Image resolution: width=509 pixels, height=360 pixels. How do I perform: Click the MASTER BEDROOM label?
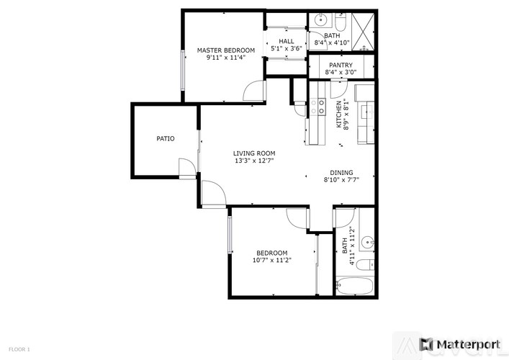click(225, 50)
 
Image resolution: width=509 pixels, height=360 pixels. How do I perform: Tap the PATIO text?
click(166, 138)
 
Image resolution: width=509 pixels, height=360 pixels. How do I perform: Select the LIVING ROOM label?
click(254, 153)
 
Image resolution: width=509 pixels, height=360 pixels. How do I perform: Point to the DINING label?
click(341, 173)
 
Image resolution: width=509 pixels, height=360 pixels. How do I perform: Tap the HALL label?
click(287, 42)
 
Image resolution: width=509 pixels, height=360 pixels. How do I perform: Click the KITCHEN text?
click(340, 114)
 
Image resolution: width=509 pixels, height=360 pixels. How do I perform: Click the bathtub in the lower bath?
click(353, 285)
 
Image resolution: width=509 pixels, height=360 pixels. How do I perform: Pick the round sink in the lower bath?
click(366, 242)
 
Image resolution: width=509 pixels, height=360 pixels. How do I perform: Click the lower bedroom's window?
click(230, 235)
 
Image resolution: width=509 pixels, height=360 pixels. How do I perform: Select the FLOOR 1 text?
click(19, 349)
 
